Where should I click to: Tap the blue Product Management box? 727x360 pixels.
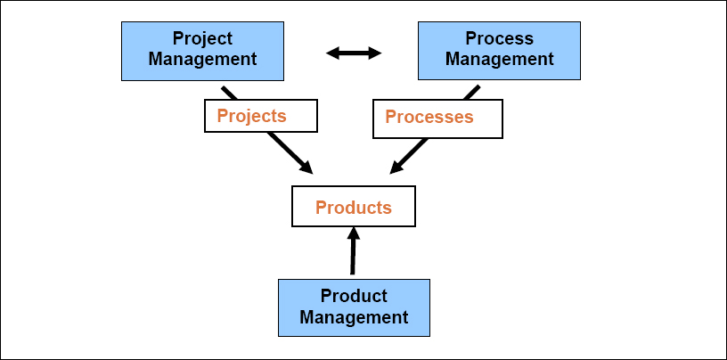pyautogui.click(x=354, y=307)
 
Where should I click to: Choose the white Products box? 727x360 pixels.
pyautogui.click(x=354, y=206)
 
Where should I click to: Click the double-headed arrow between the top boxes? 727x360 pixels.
pyautogui.click(x=354, y=53)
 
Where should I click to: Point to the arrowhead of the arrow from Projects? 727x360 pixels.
pyautogui.click(x=306, y=168)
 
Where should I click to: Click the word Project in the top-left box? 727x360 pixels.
pyautogui.click(x=202, y=39)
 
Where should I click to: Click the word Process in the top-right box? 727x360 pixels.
pyautogui.click(x=500, y=39)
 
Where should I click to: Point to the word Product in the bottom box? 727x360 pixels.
pyautogui.click(x=354, y=296)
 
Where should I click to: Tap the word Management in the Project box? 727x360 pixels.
pyautogui.click(x=202, y=60)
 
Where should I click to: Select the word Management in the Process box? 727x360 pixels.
pyautogui.click(x=500, y=60)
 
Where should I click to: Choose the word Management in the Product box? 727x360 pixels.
pyautogui.click(x=354, y=316)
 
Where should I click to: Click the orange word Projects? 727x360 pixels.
pyautogui.click(x=251, y=116)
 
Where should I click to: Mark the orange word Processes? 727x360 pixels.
pyautogui.click(x=429, y=117)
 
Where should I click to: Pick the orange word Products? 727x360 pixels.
pyautogui.click(x=354, y=208)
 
